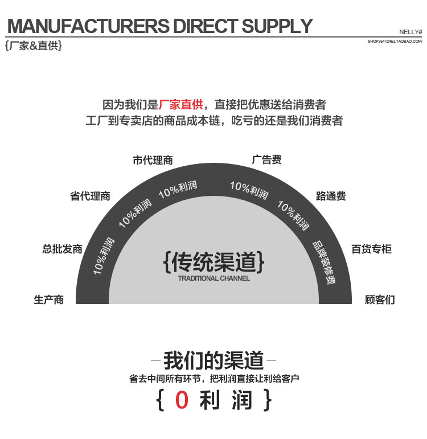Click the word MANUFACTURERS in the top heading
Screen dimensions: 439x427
(87, 26)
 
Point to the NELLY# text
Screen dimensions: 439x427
(410, 32)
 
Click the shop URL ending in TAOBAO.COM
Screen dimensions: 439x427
(395, 42)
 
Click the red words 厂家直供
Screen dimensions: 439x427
(181, 105)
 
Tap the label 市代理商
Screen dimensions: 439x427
(153, 161)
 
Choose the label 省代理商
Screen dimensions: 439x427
(90, 196)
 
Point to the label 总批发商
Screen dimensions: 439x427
(62, 249)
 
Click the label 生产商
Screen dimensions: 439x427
(48, 299)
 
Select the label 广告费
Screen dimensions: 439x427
(266, 160)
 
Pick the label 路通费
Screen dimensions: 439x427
(331, 196)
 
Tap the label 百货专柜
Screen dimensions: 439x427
(372, 249)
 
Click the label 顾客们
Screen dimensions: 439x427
(380, 299)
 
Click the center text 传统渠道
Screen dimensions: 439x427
(213, 261)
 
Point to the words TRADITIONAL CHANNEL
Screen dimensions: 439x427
(213, 278)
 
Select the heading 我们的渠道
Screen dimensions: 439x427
(213, 360)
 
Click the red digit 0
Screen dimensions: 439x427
(182, 400)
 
